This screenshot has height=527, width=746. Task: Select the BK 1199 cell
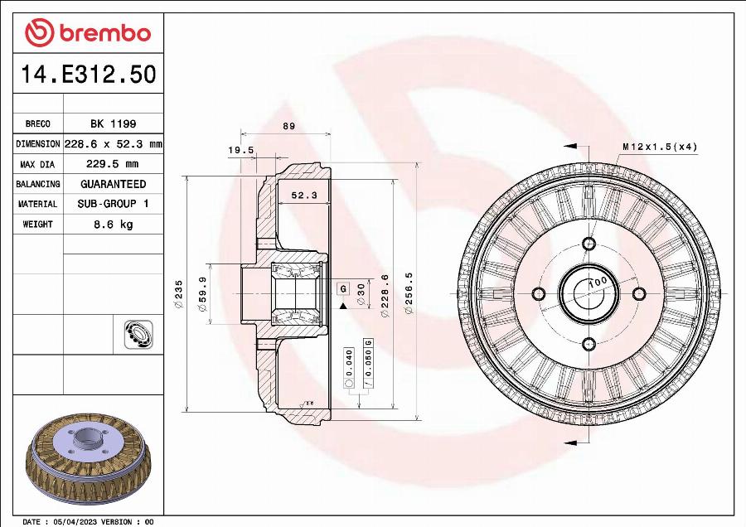tap(113, 123)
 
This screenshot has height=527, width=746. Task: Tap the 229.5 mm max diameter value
tap(113, 164)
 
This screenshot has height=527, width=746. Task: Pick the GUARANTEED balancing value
tap(113, 184)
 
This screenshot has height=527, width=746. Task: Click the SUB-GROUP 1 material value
tap(113, 204)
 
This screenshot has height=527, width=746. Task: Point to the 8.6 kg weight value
tap(113, 225)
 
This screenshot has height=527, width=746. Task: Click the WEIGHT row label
tap(38, 225)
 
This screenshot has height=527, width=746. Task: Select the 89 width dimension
tap(288, 126)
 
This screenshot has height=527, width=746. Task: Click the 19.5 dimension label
tap(240, 151)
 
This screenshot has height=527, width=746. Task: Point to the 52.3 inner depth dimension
tap(303, 196)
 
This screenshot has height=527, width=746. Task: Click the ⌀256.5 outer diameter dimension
tap(407, 294)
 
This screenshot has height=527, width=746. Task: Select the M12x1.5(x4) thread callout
tap(660, 147)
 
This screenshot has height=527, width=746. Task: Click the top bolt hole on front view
tap(589, 244)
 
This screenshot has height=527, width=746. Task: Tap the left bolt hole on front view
tap(538, 294)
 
